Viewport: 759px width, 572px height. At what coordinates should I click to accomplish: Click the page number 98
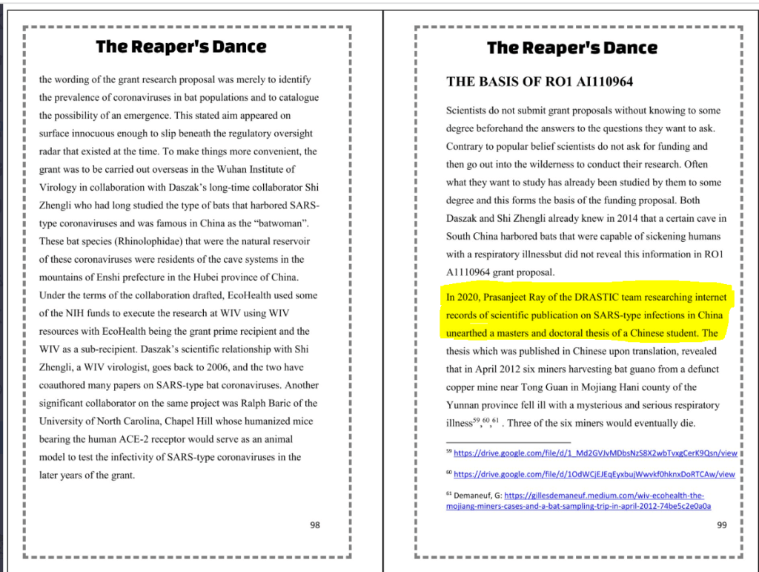click(315, 525)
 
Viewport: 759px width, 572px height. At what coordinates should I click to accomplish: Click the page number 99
click(722, 525)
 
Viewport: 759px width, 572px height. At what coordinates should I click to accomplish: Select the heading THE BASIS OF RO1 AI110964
click(540, 82)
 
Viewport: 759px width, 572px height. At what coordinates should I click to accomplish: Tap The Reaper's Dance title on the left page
click(181, 47)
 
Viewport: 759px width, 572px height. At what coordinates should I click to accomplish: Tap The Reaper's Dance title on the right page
click(571, 48)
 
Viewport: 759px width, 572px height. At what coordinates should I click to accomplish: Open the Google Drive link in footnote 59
click(594, 453)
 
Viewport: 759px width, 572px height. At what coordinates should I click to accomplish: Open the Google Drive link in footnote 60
click(594, 474)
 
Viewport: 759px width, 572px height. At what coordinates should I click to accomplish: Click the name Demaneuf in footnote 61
click(474, 496)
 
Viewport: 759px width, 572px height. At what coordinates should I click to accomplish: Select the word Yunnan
click(464, 405)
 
